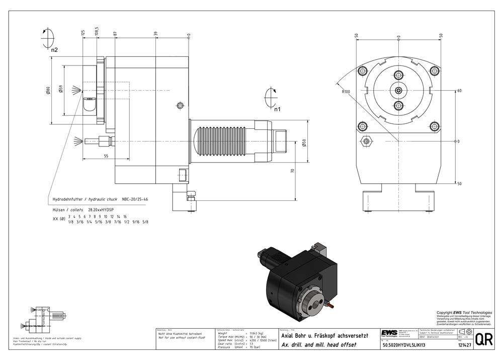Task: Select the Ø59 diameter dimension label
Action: pyautogui.click(x=60, y=89)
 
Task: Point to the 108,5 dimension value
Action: pyautogui.click(x=97, y=31)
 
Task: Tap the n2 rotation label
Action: pyautogui.click(x=54, y=50)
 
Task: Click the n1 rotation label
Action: pyautogui.click(x=277, y=109)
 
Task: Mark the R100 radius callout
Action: pyautogui.click(x=346, y=92)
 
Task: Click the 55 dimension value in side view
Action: pyautogui.click(x=106, y=157)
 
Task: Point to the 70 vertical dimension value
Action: pyautogui.click(x=292, y=171)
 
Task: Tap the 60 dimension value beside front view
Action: pyautogui.click(x=459, y=91)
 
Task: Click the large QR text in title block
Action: pyautogui.click(x=483, y=339)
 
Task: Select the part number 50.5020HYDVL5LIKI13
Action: pyautogui.click(x=404, y=345)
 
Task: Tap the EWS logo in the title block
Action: pyautogui.click(x=389, y=334)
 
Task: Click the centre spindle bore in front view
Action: pyautogui.click(x=398, y=91)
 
